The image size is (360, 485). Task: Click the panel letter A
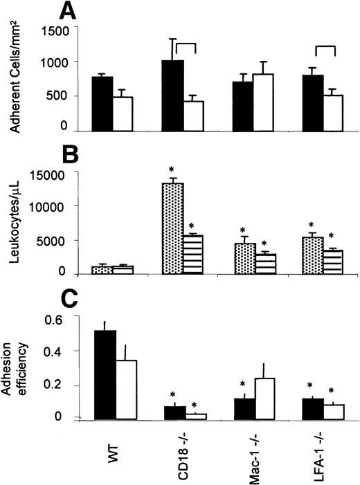tap(66, 11)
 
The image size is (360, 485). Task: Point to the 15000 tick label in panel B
tap(53, 174)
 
